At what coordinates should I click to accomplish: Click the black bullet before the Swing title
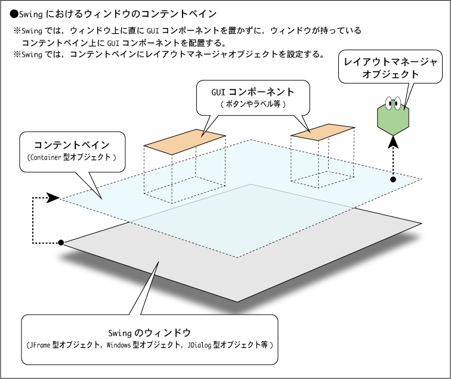click(x=14, y=14)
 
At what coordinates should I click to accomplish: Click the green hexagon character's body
click(x=393, y=120)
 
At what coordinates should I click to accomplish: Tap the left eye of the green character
click(x=390, y=103)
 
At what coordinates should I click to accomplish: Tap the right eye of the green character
click(x=397, y=103)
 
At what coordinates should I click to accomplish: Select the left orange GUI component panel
click(x=184, y=142)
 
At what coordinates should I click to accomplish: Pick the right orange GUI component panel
click(x=322, y=132)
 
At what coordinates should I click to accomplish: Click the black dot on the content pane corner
click(x=393, y=179)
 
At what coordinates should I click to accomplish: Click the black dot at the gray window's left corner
click(x=61, y=243)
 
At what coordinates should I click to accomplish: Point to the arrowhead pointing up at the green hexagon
click(x=393, y=142)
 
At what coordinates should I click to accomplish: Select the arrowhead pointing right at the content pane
click(x=53, y=198)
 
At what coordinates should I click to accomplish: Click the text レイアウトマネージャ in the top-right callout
click(x=390, y=62)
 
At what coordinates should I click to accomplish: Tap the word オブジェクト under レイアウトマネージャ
click(x=390, y=74)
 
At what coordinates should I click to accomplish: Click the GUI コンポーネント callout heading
click(x=253, y=92)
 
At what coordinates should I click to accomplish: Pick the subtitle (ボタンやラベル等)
click(x=253, y=104)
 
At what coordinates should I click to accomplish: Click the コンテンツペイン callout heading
click(x=72, y=145)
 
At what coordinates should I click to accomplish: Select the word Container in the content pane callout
click(x=45, y=157)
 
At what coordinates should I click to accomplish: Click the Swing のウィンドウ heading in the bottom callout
click(x=150, y=333)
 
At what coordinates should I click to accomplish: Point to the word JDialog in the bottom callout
click(x=199, y=344)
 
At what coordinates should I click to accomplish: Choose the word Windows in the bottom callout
click(x=119, y=344)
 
